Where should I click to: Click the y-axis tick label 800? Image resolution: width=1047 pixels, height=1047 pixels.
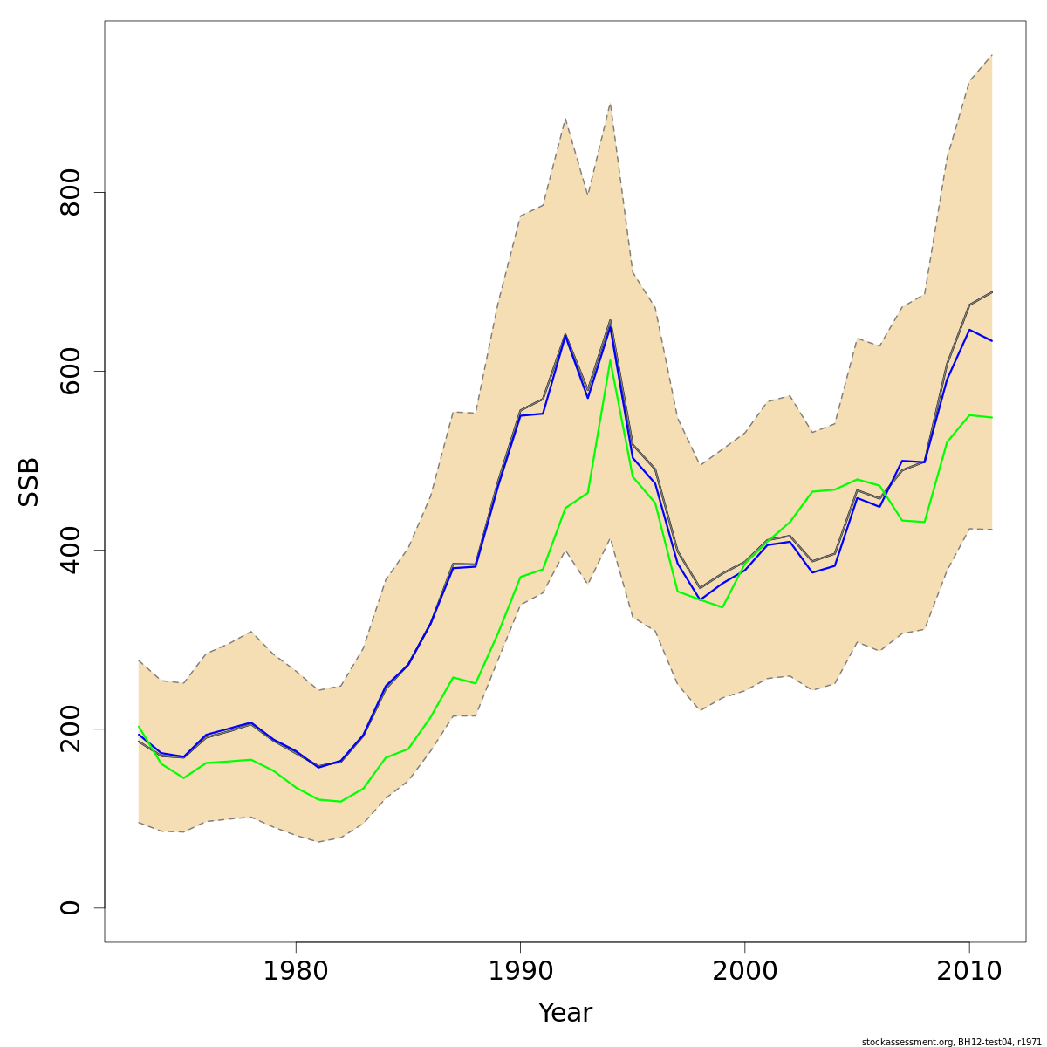(x=70, y=192)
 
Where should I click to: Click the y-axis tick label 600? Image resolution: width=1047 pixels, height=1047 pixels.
(x=70, y=371)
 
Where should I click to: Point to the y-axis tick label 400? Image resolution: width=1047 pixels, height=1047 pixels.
(x=70, y=550)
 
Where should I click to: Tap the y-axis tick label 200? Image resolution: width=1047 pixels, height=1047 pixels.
(x=70, y=729)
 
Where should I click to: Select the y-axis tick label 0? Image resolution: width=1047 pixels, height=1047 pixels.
(x=70, y=907)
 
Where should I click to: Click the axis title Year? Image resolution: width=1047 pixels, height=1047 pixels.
(x=565, y=1013)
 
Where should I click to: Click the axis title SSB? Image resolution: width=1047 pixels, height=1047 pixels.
(x=30, y=482)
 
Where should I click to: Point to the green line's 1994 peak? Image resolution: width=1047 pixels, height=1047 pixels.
(x=610, y=359)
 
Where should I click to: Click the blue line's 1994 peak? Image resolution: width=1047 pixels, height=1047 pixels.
(x=610, y=325)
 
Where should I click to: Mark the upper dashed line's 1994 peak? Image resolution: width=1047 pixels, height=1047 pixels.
(x=610, y=104)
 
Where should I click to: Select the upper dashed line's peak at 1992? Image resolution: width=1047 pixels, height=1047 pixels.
(x=565, y=119)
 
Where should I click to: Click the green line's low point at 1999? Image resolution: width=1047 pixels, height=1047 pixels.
(x=722, y=606)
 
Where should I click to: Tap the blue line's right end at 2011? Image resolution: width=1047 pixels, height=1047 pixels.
(x=992, y=340)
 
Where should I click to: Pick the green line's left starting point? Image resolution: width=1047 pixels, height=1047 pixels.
(x=139, y=726)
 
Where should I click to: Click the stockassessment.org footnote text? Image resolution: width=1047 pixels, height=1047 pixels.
(x=951, y=1042)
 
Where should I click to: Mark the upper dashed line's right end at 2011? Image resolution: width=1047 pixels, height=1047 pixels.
(x=992, y=55)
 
